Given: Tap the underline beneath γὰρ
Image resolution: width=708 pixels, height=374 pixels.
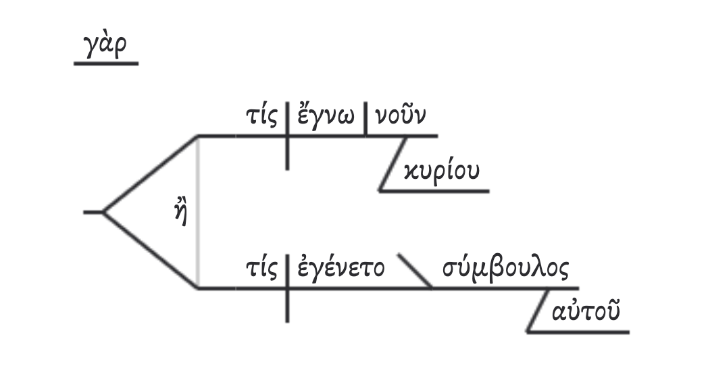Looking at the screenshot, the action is click(105, 64).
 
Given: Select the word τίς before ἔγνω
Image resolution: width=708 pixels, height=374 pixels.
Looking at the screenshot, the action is click(262, 117).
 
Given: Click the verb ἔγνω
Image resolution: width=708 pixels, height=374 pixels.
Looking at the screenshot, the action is click(327, 117).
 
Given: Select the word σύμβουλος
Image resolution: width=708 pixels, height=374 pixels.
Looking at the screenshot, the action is click(506, 269).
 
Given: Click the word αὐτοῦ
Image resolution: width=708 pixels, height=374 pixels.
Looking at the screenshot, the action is click(586, 313).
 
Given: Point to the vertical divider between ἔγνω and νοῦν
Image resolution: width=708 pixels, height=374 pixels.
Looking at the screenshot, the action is click(365, 119).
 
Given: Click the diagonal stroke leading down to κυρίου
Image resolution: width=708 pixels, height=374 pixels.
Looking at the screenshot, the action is click(393, 163).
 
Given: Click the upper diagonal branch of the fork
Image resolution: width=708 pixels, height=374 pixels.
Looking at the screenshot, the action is click(150, 173).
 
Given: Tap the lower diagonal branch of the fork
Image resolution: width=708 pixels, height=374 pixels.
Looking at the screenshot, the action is click(150, 250).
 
